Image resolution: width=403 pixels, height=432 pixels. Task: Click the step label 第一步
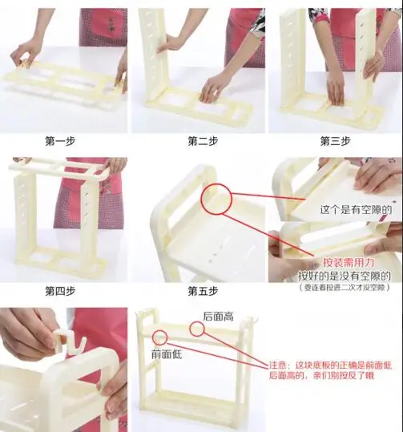coord(60,141)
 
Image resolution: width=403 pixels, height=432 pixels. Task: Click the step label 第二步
coord(203,141)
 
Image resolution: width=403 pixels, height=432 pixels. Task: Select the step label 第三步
coord(335,141)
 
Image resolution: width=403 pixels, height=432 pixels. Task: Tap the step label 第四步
coord(60,291)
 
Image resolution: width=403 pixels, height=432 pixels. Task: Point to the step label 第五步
coord(203,291)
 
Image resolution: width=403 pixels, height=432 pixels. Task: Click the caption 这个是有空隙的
coord(356,210)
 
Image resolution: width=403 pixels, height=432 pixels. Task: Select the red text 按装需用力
coord(349,262)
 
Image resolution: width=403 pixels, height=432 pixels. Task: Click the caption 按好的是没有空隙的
coord(345,276)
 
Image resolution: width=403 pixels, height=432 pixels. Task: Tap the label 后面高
coord(218,317)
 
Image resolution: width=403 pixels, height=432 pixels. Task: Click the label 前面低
coord(167,354)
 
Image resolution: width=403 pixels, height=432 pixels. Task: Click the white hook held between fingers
coord(67,342)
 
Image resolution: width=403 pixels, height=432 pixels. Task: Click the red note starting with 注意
coord(330,370)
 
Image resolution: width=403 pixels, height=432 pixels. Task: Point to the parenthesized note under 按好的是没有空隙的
coord(345,288)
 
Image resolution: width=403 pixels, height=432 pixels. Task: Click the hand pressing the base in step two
coord(213,88)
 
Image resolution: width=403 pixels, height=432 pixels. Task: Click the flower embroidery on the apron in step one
coord(111,25)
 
